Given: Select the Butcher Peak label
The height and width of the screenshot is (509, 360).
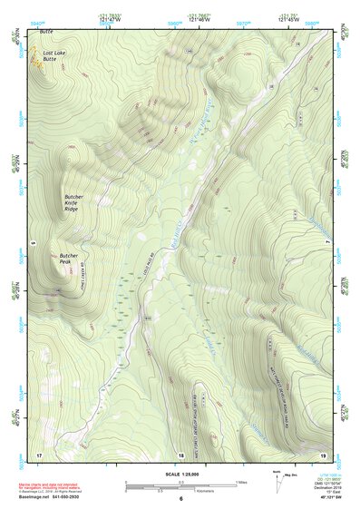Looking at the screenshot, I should (70, 259).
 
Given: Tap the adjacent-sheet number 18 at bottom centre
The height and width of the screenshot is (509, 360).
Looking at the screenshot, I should (180, 454).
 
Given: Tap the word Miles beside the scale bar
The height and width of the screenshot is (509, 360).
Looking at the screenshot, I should (240, 481).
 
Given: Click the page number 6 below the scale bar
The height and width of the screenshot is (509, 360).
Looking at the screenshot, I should (180, 500).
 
